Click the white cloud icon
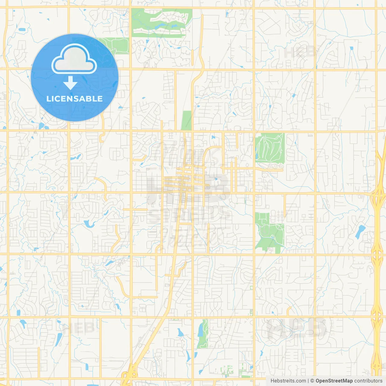click(x=74, y=60)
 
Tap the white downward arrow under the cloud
click(x=70, y=83)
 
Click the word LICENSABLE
click(x=74, y=99)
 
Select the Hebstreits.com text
click(x=288, y=381)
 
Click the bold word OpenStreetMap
click(x=334, y=381)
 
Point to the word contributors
click(x=368, y=381)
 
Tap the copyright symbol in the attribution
click(x=312, y=381)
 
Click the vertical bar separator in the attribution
click(x=308, y=381)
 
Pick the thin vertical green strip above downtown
click(x=187, y=121)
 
